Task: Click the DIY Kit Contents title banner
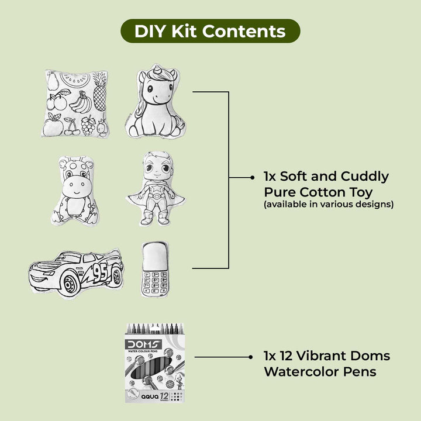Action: [x=210, y=31]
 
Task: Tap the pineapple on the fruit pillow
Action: [x=100, y=92]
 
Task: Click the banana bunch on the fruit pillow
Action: [x=81, y=103]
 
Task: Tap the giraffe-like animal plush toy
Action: [x=75, y=191]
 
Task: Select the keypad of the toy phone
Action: [x=155, y=283]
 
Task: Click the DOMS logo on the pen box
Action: [x=144, y=344]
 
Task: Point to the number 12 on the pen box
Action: [x=164, y=395]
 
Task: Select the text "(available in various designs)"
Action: [x=329, y=205]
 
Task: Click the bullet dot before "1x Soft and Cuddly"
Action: [x=252, y=178]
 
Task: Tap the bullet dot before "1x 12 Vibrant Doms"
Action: [x=250, y=357]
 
